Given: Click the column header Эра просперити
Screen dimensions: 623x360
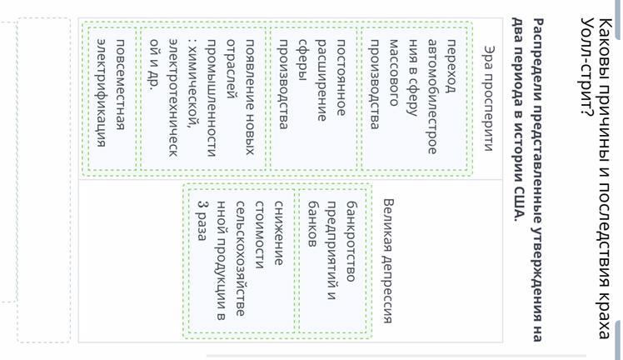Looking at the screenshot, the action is pyautogui.click(x=489, y=98).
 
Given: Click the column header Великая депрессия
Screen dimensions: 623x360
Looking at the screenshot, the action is pyautogui.click(x=388, y=261).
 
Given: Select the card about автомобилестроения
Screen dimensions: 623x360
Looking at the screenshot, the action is pyautogui.click(x=414, y=98).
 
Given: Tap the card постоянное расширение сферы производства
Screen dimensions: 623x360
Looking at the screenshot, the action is pyautogui.click(x=313, y=98).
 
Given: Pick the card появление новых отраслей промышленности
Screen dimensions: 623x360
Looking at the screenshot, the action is pyautogui.click(x=203, y=98).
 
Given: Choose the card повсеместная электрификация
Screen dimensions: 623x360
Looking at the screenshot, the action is pyautogui.click(x=112, y=98).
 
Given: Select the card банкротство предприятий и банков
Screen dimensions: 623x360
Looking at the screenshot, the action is pyautogui.click(x=332, y=261).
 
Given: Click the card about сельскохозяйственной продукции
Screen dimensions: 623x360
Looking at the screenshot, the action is pyautogui.click(x=242, y=261).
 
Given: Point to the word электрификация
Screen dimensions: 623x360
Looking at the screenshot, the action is pyautogui.click(x=102, y=93).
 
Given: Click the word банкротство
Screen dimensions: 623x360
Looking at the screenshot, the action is pyautogui.click(x=351, y=242).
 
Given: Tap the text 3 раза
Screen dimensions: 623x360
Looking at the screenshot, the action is pyautogui.click(x=202, y=221).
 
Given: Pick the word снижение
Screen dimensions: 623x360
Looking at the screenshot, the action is pyautogui.click(x=278, y=232).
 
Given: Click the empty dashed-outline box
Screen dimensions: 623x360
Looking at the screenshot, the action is pyautogui.click(x=43, y=180).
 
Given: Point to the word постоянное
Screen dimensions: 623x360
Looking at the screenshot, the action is pyautogui.click(x=341, y=77).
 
